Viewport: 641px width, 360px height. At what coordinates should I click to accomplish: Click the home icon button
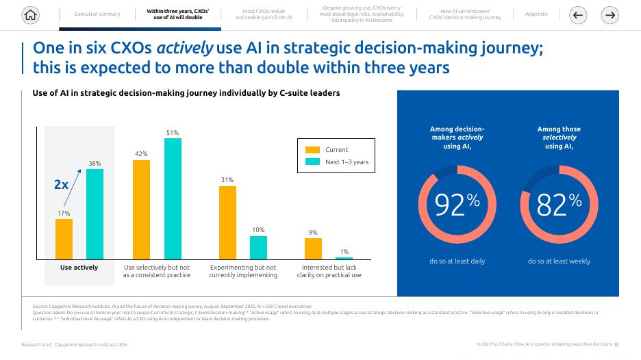coord(30,15)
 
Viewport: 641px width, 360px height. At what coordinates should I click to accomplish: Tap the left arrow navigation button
coord(577,15)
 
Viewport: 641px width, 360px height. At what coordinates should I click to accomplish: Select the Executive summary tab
coord(97,14)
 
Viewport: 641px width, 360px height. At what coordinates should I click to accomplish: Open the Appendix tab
coord(536,14)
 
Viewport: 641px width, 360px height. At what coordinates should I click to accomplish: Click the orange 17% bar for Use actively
coord(64,239)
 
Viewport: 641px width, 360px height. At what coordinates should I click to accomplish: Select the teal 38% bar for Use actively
coord(95,214)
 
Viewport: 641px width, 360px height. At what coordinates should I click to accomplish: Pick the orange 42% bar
coord(142,209)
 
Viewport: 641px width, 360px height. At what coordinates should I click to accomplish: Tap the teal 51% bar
coord(173,198)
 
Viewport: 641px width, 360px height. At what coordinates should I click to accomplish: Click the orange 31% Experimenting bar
coord(227,222)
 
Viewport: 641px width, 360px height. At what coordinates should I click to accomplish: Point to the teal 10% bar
coord(258,248)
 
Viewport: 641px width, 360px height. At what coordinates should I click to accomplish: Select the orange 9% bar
coord(313,249)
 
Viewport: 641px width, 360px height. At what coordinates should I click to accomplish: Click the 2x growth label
coord(62,184)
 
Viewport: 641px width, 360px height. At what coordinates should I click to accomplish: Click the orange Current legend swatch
coord(313,150)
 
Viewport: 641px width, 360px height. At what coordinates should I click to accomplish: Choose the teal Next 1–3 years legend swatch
coord(313,162)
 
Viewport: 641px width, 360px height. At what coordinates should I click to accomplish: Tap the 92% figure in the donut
coord(457,204)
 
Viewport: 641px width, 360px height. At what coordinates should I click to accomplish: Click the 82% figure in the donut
coord(559,204)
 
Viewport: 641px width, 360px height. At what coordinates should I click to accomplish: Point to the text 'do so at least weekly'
coord(559,261)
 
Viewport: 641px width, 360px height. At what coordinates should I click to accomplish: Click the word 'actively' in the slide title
coord(185,48)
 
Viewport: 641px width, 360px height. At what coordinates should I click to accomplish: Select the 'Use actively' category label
coord(79,268)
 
